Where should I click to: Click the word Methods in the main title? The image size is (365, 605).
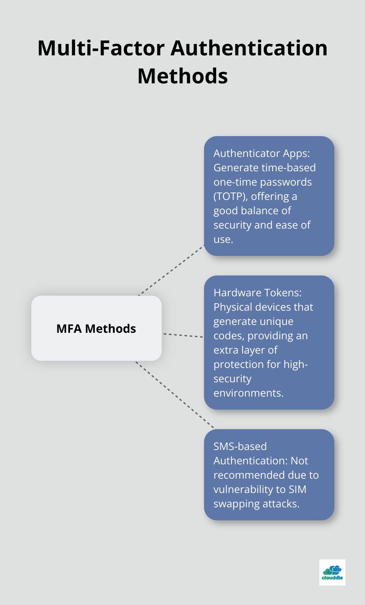pos(182,76)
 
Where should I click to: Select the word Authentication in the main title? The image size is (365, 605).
pos(249,48)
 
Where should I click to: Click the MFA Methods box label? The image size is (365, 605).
pos(96,329)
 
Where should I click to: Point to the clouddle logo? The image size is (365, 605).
pos(332,572)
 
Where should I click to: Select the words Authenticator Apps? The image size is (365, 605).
pos(261,153)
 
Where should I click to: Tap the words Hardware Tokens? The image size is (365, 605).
pos(257,293)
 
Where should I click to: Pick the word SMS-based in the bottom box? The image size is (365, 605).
pos(240,446)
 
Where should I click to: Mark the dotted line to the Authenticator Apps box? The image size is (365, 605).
pos(171,271)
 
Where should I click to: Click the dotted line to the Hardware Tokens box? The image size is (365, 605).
pos(183,335)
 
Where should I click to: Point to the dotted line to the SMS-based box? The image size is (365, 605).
pos(175,395)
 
